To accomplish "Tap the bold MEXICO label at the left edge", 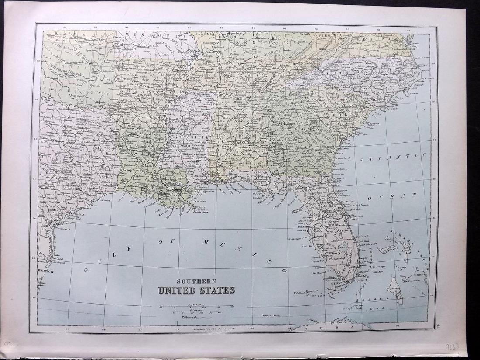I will [45, 271].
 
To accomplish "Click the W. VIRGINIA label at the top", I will [329, 35].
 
